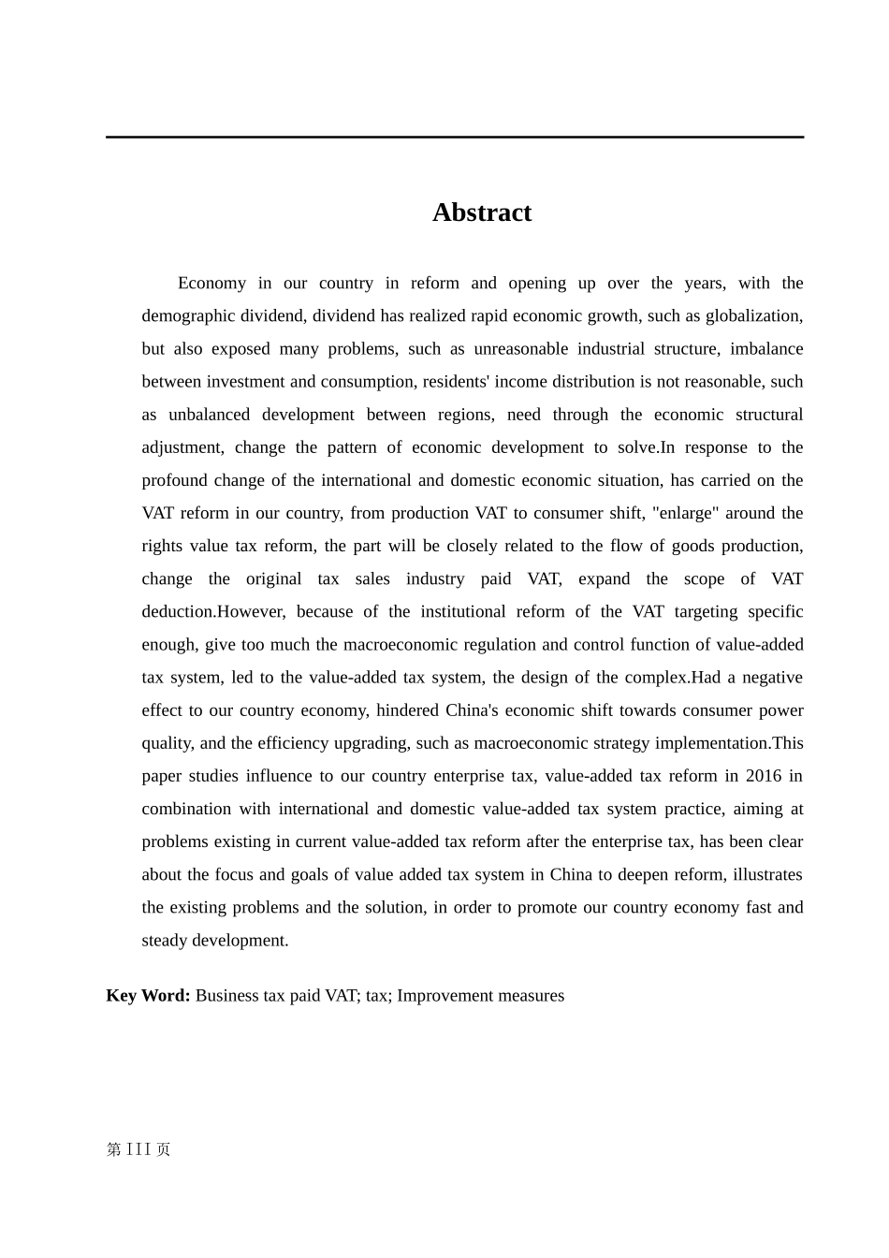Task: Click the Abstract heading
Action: click(x=481, y=212)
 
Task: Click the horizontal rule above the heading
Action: click(x=455, y=137)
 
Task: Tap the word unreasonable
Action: click(x=520, y=349)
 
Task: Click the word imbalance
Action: click(x=766, y=349)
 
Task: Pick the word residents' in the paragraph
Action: click(x=457, y=382)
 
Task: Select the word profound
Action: click(x=174, y=480)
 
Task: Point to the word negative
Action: click(x=772, y=678)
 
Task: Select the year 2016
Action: click(x=763, y=776)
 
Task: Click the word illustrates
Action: click(x=767, y=874)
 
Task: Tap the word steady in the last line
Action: click(x=164, y=941)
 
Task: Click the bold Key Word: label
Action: click(x=148, y=996)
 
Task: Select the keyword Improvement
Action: click(x=440, y=996)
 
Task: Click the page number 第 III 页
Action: click(x=138, y=1149)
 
